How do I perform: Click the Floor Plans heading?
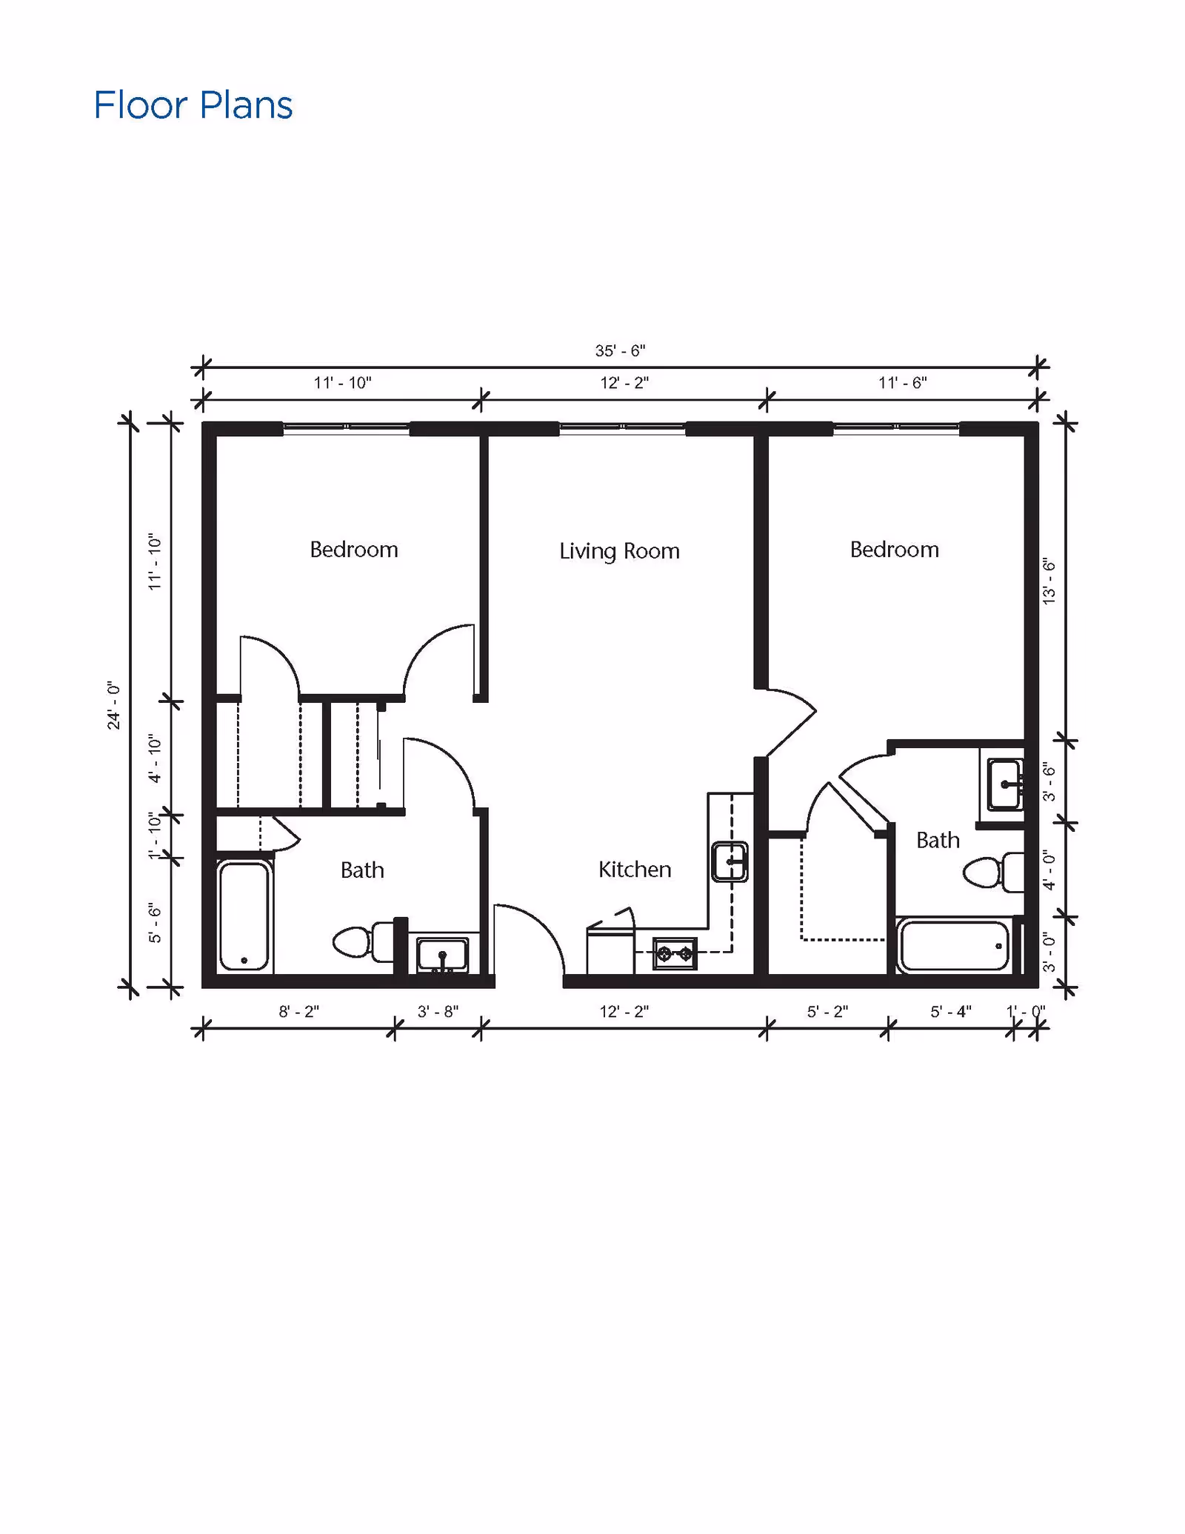coord(193,105)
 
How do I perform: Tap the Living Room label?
coord(619,551)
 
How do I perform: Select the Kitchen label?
coord(635,869)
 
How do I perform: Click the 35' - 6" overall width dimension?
coord(620,350)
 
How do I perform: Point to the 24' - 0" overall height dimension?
coord(113,705)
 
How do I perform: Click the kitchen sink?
coord(730,861)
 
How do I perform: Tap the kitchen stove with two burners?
coord(675,954)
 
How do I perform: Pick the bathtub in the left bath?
coord(244,916)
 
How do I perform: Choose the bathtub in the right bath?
coord(953,946)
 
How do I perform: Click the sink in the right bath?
coord(1004,784)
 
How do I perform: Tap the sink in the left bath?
coord(442,953)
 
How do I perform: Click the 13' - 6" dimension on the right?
coord(1049,581)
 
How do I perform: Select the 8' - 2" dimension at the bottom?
coord(298,1012)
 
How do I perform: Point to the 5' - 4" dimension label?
coord(950,1012)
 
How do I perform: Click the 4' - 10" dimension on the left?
coord(154,758)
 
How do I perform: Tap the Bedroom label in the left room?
coord(354,550)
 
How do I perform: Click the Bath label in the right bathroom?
coord(938,840)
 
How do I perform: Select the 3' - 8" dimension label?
coord(438,1012)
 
